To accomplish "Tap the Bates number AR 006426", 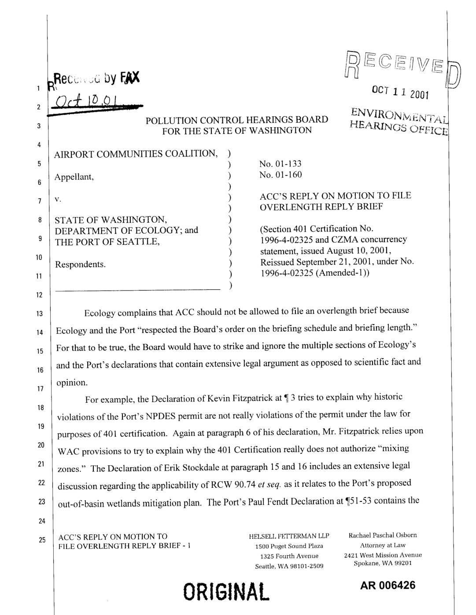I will (x=387, y=585).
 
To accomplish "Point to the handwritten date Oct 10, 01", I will (x=86, y=106).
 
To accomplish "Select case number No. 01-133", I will (x=280, y=164).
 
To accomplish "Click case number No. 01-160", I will (x=280, y=175).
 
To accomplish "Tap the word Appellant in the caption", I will (x=74, y=177).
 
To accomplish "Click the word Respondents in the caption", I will (x=80, y=264).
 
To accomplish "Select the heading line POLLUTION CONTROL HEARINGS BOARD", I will (x=237, y=120).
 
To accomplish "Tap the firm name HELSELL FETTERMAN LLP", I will (x=289, y=536).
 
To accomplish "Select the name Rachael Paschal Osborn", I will (x=383, y=535).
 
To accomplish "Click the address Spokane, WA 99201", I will (x=383, y=563).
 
